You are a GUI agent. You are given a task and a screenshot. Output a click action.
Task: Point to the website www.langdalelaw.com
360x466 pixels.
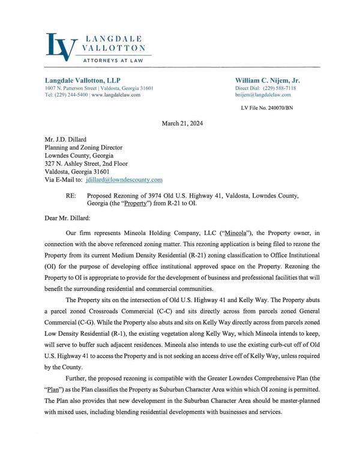(x=116, y=95)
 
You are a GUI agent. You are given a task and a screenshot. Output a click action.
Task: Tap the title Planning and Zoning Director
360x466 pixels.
(x=83, y=147)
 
